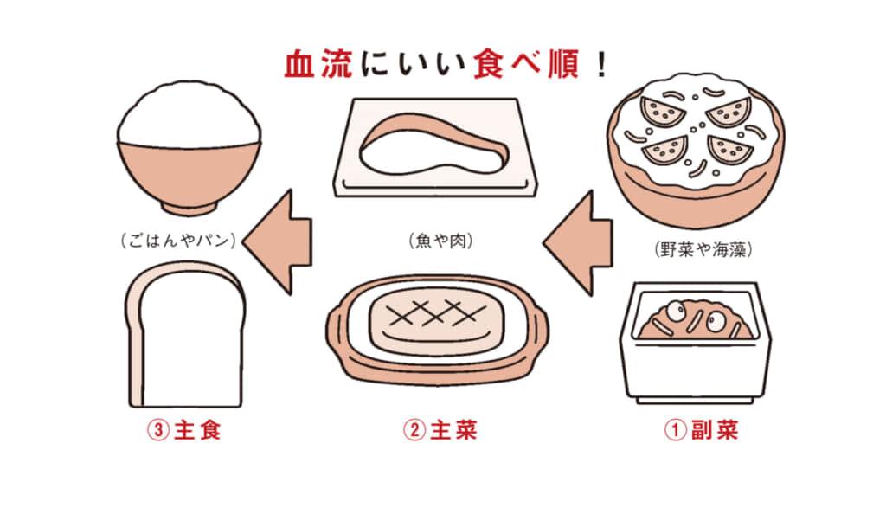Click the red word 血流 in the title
coord(318,66)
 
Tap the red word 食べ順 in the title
coord(525,66)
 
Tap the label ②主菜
coord(440,430)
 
